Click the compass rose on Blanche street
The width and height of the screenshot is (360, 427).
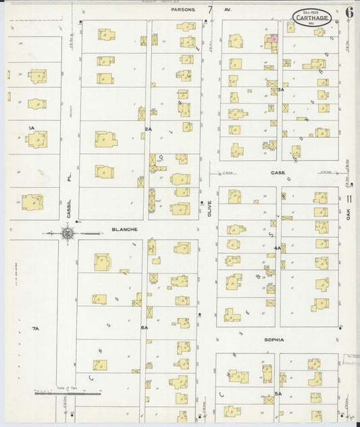coord(68,234)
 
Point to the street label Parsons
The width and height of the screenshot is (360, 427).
coord(183,10)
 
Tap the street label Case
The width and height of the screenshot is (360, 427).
coord(278,173)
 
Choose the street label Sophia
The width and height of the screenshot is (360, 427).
coord(274,340)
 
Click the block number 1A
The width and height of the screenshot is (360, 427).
coord(31,128)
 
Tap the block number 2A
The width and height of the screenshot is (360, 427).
coord(148,128)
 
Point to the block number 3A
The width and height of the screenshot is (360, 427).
coord(280,89)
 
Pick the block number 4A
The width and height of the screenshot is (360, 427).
coord(277,249)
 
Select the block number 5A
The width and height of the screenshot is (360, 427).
coord(278,393)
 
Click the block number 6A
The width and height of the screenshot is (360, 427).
coord(144,327)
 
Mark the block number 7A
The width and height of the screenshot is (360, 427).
coord(36,328)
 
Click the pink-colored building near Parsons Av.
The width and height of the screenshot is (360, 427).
coord(273,41)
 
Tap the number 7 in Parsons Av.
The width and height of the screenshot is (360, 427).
coord(211,9)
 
